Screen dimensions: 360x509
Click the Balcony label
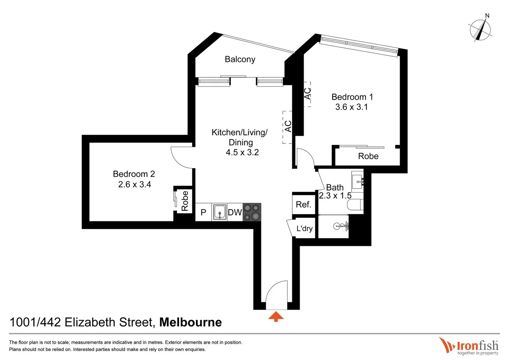point(240,59)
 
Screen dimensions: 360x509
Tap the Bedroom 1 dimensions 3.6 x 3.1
point(351,107)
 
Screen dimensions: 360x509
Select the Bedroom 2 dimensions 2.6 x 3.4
point(134,184)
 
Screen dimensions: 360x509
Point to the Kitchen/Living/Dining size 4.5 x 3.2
point(242,152)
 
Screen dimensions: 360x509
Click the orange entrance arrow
point(276,317)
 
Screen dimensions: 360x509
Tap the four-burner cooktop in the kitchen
point(252,212)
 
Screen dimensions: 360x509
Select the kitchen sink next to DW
point(220,212)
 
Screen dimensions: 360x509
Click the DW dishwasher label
point(235,212)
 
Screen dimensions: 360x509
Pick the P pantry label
point(203,212)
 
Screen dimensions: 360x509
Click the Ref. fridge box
point(303,204)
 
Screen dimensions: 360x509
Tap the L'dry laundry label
point(304,229)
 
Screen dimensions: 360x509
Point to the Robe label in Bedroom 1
point(368,156)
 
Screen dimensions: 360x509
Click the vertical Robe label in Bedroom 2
point(185,201)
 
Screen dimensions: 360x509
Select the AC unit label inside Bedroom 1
point(308,94)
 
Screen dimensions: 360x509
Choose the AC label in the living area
point(288,126)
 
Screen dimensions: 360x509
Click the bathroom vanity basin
point(357,181)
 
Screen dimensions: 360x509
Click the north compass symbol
point(480,29)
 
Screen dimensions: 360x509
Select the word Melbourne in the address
point(190,322)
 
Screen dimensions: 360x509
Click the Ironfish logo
point(469,346)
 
